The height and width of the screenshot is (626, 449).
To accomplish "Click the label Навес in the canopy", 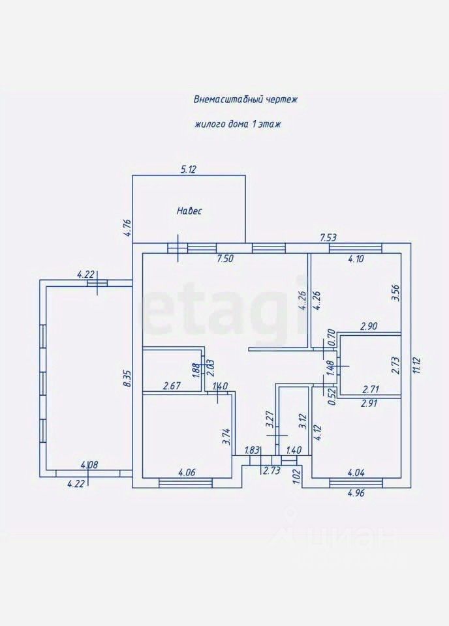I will pyautogui.click(x=189, y=211).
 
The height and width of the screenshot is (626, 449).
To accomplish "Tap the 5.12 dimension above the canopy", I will pyautogui.click(x=189, y=170).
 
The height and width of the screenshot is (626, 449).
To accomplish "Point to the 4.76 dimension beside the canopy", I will pyautogui.click(x=128, y=228).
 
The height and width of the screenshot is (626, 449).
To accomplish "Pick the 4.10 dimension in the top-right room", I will pyautogui.click(x=356, y=259).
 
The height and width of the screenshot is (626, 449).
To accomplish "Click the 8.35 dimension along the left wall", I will pyautogui.click(x=128, y=378).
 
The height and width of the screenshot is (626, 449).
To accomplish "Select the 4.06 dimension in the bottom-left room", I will pyautogui.click(x=187, y=473).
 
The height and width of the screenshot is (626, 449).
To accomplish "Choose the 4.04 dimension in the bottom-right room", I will pyautogui.click(x=356, y=473).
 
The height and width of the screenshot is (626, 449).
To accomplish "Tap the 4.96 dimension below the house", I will pyautogui.click(x=356, y=492).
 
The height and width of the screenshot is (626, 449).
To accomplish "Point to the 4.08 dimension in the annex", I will pyautogui.click(x=89, y=465).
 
